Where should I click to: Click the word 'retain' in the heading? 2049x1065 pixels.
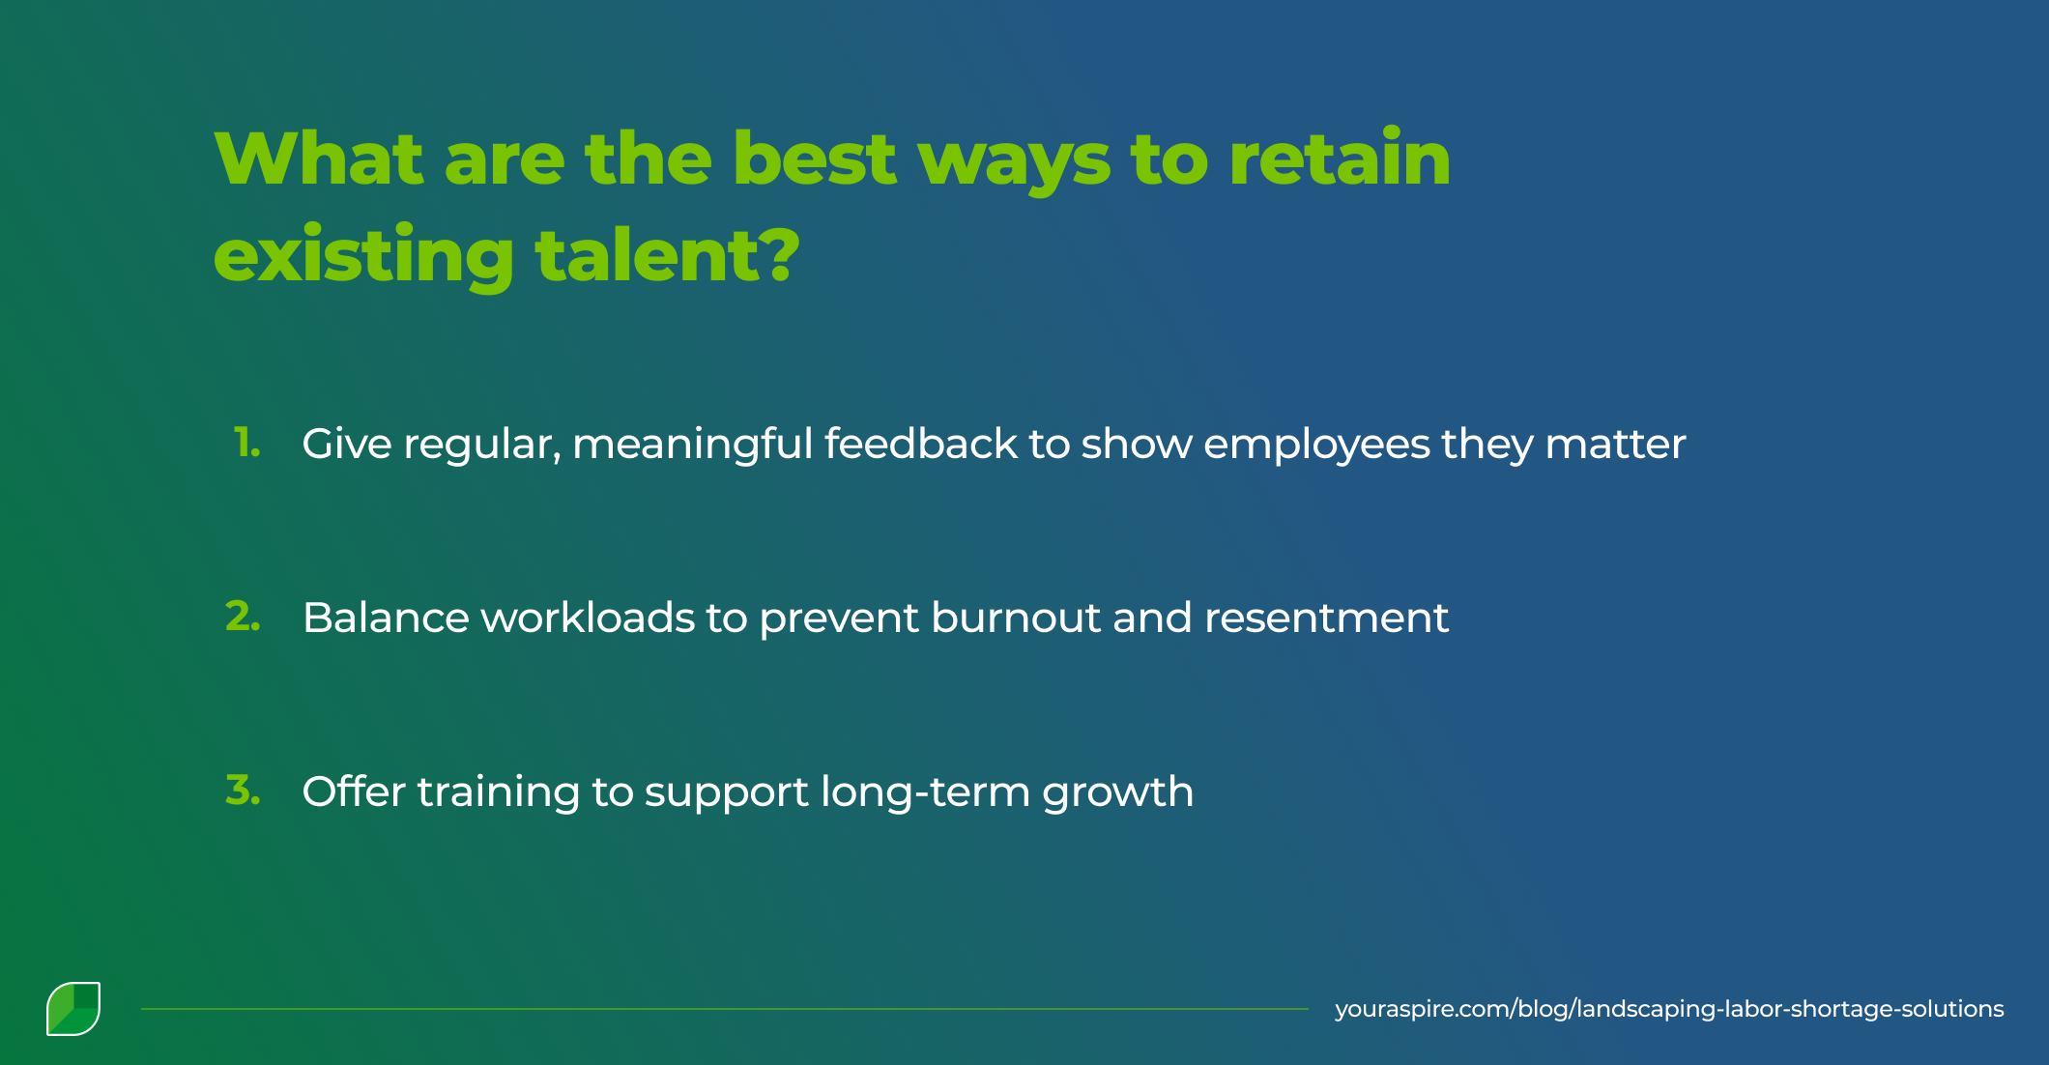1340,159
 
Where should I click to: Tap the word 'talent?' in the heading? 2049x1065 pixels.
668,256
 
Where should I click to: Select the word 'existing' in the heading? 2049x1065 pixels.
363,256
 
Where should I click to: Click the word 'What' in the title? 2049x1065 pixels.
319,159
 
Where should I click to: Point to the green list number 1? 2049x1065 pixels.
247,444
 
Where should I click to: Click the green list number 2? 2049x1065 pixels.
243,617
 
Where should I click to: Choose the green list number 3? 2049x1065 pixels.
243,791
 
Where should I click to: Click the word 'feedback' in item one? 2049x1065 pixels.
920,444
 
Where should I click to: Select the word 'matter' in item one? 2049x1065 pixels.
1615,444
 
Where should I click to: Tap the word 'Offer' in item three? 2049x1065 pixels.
354,791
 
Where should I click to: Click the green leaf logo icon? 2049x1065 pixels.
73,1009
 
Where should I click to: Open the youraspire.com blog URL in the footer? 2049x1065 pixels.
1669,1009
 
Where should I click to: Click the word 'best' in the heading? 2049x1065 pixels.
815,159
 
